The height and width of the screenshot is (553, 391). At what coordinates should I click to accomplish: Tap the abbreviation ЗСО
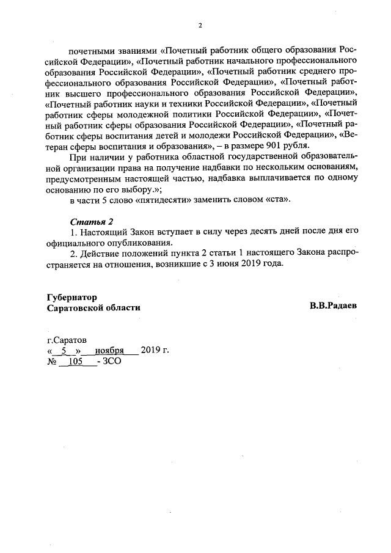click(x=112, y=362)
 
